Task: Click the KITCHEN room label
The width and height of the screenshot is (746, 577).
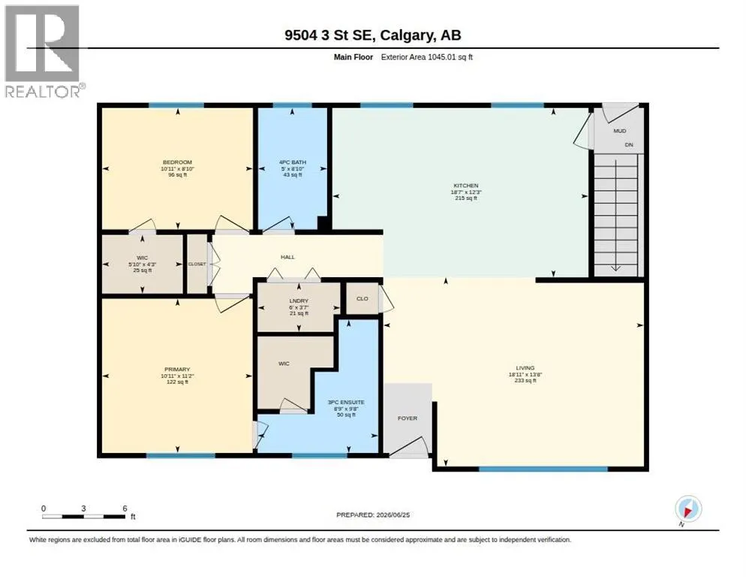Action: (x=466, y=186)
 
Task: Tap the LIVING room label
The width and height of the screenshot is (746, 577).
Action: (x=525, y=368)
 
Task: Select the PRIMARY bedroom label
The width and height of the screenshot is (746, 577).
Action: (x=177, y=369)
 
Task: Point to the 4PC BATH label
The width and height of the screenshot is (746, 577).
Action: (x=293, y=162)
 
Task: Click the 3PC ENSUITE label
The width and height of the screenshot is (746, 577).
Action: (x=347, y=402)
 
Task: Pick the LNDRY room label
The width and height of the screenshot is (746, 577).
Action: (x=299, y=301)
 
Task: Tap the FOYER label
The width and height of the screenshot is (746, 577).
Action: (x=408, y=418)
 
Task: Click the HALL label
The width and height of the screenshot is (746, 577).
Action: (x=288, y=257)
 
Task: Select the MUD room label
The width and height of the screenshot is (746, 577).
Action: (x=619, y=131)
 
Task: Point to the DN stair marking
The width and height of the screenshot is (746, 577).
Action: (x=629, y=144)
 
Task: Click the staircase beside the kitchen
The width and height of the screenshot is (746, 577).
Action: (x=616, y=214)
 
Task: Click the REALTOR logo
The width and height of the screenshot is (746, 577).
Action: (x=44, y=51)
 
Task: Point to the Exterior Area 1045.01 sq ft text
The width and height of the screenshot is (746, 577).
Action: (x=427, y=57)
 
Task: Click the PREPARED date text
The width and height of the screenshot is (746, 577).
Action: (x=373, y=515)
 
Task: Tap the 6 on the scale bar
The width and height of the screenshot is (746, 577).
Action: (x=125, y=509)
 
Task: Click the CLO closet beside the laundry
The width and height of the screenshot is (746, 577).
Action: (x=362, y=299)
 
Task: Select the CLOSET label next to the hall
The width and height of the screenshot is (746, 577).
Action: (x=197, y=264)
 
